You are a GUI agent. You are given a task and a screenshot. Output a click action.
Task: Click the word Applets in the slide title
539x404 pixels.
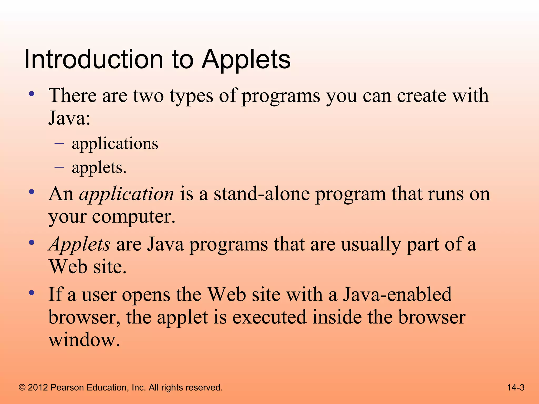(x=246, y=60)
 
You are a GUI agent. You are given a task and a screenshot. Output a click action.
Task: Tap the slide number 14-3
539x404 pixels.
(x=516, y=387)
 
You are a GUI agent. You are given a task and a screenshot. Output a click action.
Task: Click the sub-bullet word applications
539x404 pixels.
(x=115, y=144)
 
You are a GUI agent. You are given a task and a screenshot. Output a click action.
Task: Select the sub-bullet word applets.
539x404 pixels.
(x=99, y=168)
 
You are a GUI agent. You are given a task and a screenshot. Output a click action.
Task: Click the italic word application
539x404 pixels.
(x=127, y=194)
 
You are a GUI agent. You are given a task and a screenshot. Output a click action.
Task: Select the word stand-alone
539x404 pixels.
(x=262, y=194)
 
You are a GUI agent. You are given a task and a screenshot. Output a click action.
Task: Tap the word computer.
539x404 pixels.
(x=133, y=217)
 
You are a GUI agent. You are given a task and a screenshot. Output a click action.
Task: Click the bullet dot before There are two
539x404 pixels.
(x=32, y=94)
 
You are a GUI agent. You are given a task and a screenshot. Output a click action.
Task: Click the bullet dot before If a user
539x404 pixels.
(x=32, y=293)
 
